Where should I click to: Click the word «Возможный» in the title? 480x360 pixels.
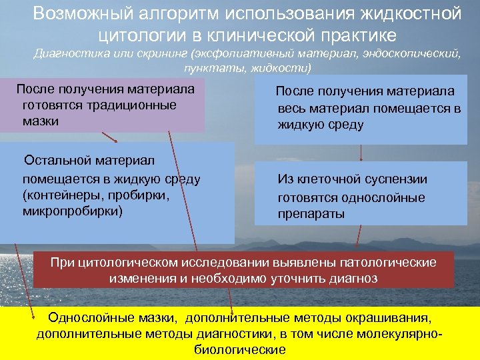79,13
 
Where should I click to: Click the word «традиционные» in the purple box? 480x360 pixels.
137,105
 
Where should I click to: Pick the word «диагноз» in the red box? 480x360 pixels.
354,278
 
